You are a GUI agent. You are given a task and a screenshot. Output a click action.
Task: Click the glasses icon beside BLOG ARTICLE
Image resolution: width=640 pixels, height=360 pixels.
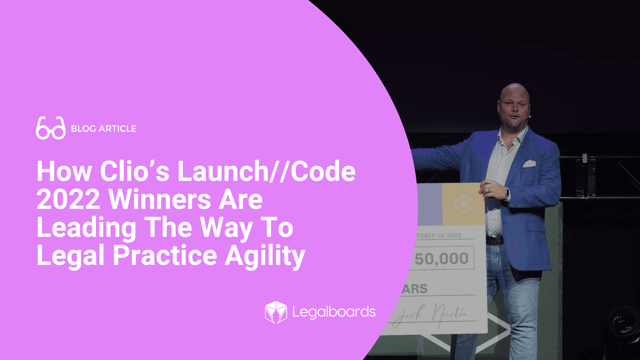tap(51, 128)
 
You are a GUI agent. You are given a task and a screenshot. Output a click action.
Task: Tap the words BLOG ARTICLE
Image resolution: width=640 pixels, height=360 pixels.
tap(104, 129)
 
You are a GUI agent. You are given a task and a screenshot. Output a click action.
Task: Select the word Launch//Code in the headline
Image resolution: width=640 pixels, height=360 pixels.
tap(266, 171)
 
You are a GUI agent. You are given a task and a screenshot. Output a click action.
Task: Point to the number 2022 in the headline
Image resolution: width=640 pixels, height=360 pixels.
tap(68, 199)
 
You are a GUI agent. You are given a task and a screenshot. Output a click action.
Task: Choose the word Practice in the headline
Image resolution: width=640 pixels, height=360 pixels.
tap(165, 256)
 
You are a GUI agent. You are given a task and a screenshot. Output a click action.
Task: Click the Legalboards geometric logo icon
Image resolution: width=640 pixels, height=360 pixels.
tap(276, 312)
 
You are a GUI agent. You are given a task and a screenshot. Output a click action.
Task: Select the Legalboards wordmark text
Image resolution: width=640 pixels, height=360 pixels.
tap(334, 312)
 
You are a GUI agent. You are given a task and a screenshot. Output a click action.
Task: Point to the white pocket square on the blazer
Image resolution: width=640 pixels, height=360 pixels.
tap(529, 164)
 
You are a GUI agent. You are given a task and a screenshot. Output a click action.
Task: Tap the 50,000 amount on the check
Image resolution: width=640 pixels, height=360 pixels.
tap(441, 259)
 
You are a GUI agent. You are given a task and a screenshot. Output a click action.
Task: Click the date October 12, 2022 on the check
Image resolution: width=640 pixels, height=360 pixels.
tap(439, 236)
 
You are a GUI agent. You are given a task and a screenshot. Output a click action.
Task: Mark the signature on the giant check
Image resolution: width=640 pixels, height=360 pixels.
tap(433, 315)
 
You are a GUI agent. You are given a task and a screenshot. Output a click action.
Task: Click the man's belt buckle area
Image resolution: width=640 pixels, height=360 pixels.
tap(495, 241)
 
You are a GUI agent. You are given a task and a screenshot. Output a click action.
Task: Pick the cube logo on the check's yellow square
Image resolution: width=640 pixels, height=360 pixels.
tap(463, 204)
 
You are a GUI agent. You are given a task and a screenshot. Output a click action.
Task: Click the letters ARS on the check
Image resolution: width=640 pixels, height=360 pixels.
tap(415, 289)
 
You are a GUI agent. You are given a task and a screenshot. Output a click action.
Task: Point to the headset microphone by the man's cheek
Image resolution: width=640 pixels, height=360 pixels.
tap(529, 117)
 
